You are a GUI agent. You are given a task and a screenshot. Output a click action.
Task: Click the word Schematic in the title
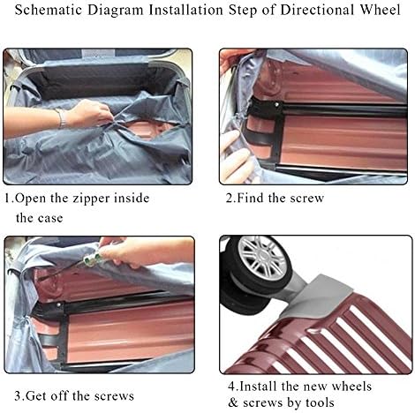pos(49,10)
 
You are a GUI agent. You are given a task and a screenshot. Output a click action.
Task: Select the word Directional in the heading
pos(317,10)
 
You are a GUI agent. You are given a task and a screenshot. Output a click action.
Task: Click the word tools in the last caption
pos(320,402)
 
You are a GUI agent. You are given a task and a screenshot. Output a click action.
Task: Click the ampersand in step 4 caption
pos(233,402)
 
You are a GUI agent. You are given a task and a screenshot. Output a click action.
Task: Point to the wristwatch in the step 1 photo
pos(61,118)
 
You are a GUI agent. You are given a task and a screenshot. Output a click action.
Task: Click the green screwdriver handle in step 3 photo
pos(92,259)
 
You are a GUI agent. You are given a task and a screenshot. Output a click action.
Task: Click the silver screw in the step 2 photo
pos(276,104)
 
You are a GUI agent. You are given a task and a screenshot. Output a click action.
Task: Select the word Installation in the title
pos(185,10)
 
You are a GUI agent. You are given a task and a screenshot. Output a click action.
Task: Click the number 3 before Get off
pos(18,396)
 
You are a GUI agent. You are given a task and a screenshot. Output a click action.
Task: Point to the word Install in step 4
pos(258,387)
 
